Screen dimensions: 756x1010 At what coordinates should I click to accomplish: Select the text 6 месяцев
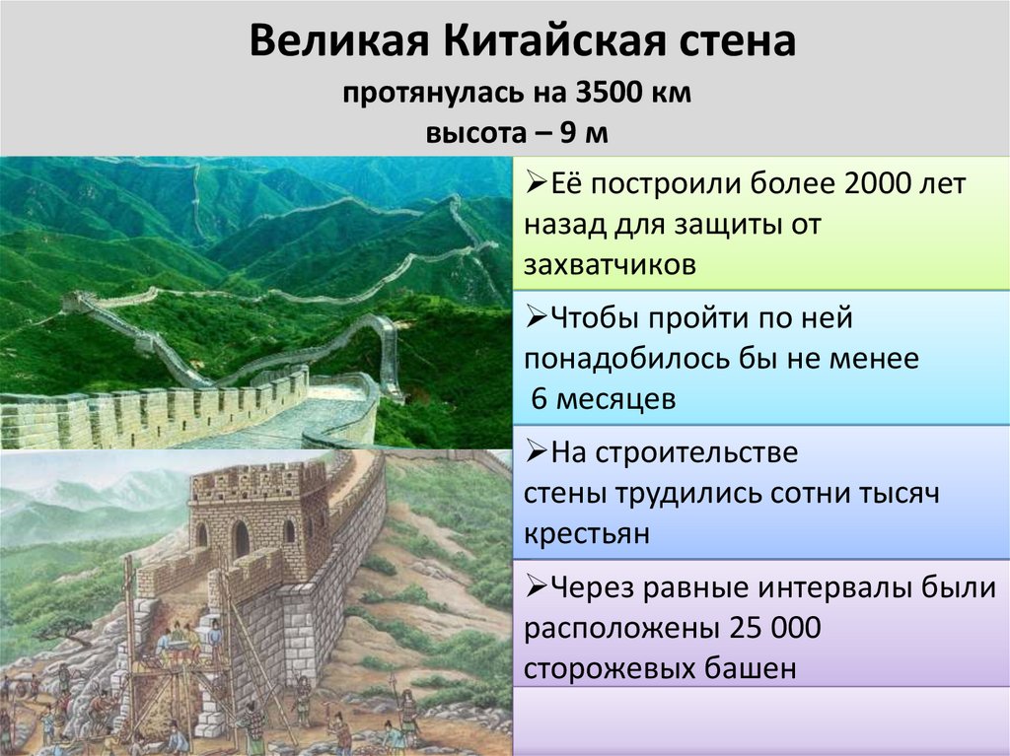[x=604, y=398]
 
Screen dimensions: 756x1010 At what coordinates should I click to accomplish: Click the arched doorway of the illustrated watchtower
[x=241, y=539]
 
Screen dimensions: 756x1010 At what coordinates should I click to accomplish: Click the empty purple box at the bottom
[x=759, y=722]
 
